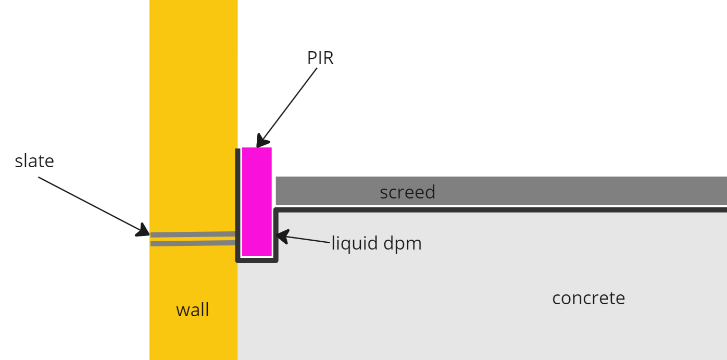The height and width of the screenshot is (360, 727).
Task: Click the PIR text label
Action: point(320,58)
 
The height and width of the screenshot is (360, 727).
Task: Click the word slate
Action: point(34,161)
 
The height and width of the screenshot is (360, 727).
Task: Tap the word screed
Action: point(407,192)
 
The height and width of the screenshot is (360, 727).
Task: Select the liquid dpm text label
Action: point(377,243)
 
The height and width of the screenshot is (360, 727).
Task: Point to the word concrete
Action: point(588,298)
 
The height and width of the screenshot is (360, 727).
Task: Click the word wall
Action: point(193,310)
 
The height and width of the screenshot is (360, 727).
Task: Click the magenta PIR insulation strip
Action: point(257,203)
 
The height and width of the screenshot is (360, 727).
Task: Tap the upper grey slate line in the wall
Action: point(193,234)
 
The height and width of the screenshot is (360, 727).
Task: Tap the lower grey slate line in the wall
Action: point(193,243)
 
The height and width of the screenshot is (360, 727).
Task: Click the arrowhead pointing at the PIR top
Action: point(262,142)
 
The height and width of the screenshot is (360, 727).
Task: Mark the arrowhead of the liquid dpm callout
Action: point(281,237)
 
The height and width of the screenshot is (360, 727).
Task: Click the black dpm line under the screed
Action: point(500,209)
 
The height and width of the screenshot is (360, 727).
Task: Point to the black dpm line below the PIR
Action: point(257,259)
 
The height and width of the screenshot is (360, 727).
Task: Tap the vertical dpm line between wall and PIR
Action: point(238,203)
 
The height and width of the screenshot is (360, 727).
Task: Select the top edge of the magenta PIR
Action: point(257,148)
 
